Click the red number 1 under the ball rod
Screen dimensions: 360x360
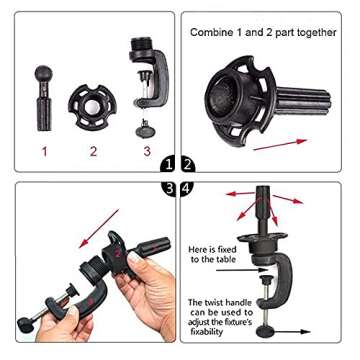[44, 152]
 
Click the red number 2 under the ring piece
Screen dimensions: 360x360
[93, 151]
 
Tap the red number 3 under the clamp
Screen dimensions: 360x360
[147, 151]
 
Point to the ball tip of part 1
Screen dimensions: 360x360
[43, 73]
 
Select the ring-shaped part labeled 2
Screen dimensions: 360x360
[92, 106]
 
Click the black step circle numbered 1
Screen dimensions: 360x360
[168, 165]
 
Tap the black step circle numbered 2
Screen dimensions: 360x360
[188, 165]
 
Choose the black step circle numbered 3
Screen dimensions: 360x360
[168, 189]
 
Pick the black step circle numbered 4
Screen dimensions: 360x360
[187, 189]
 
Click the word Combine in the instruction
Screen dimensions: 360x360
[208, 33]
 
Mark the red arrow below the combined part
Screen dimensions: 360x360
[280, 145]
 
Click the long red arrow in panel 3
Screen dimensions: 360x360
[99, 229]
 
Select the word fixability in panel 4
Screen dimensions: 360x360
[206, 332]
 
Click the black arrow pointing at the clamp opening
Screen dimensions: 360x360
[242, 270]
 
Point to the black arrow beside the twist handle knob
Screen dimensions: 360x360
[292, 332]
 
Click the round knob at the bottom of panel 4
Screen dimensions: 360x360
[265, 332]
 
